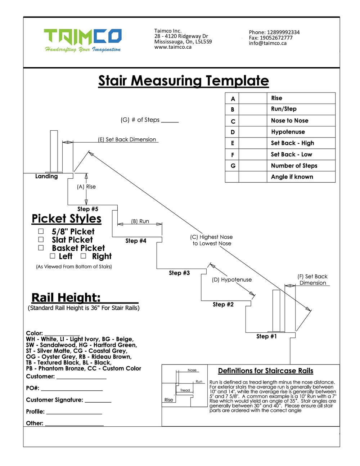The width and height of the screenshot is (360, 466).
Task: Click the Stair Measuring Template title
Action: click(x=184, y=81)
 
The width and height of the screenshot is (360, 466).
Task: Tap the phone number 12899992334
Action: click(x=283, y=32)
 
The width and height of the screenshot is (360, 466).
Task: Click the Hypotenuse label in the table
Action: click(x=288, y=132)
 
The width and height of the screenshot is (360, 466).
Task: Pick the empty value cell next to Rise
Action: click(x=253, y=98)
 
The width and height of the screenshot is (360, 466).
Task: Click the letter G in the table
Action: click(x=233, y=166)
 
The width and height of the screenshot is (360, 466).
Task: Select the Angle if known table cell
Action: click(x=292, y=177)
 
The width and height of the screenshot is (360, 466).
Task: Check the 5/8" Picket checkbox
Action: click(x=41, y=231)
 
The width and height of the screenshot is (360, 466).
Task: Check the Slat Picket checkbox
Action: click(x=41, y=239)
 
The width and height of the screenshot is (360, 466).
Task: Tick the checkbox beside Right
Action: click(x=84, y=256)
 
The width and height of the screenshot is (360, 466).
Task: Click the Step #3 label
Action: click(x=179, y=273)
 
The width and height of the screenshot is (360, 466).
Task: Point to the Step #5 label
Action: click(x=87, y=209)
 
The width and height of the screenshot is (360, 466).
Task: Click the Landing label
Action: click(x=46, y=176)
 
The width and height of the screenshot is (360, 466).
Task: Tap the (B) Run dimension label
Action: click(x=140, y=221)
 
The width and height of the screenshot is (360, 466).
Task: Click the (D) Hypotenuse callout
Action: click(x=231, y=279)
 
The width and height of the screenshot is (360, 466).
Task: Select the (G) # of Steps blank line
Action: click(x=170, y=121)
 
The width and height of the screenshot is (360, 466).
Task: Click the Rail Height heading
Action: click(x=66, y=297)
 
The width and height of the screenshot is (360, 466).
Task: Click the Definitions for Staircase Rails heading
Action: click(x=265, y=371)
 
